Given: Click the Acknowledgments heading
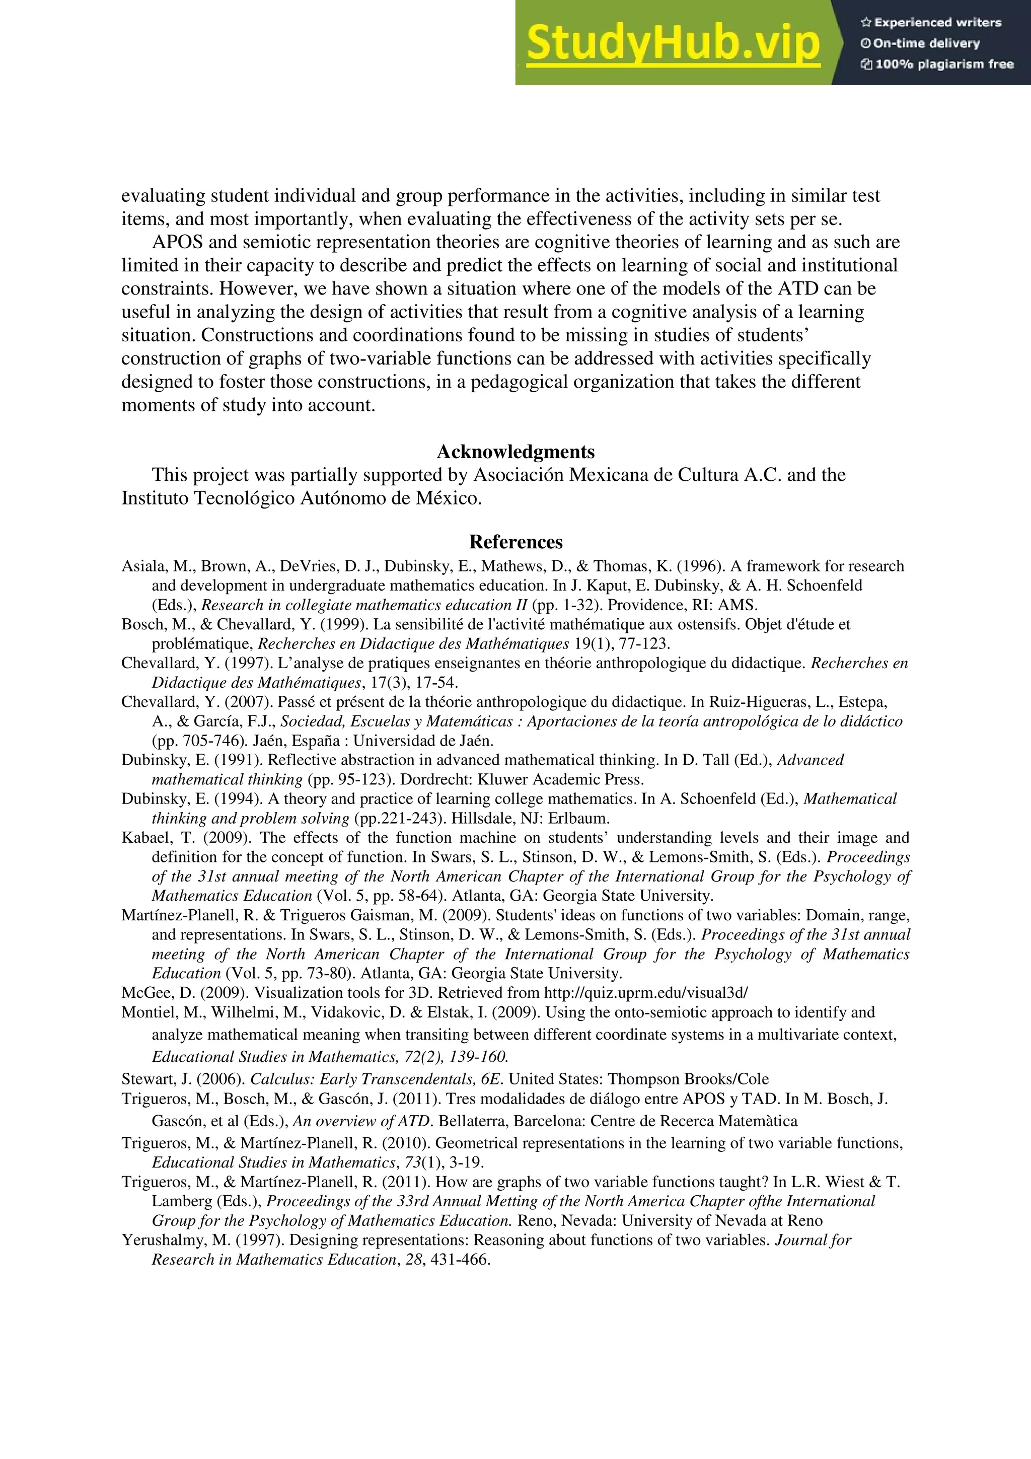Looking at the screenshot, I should tap(515, 452).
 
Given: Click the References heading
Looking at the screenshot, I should tap(515, 542).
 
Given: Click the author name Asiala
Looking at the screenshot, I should tap(143, 566).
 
